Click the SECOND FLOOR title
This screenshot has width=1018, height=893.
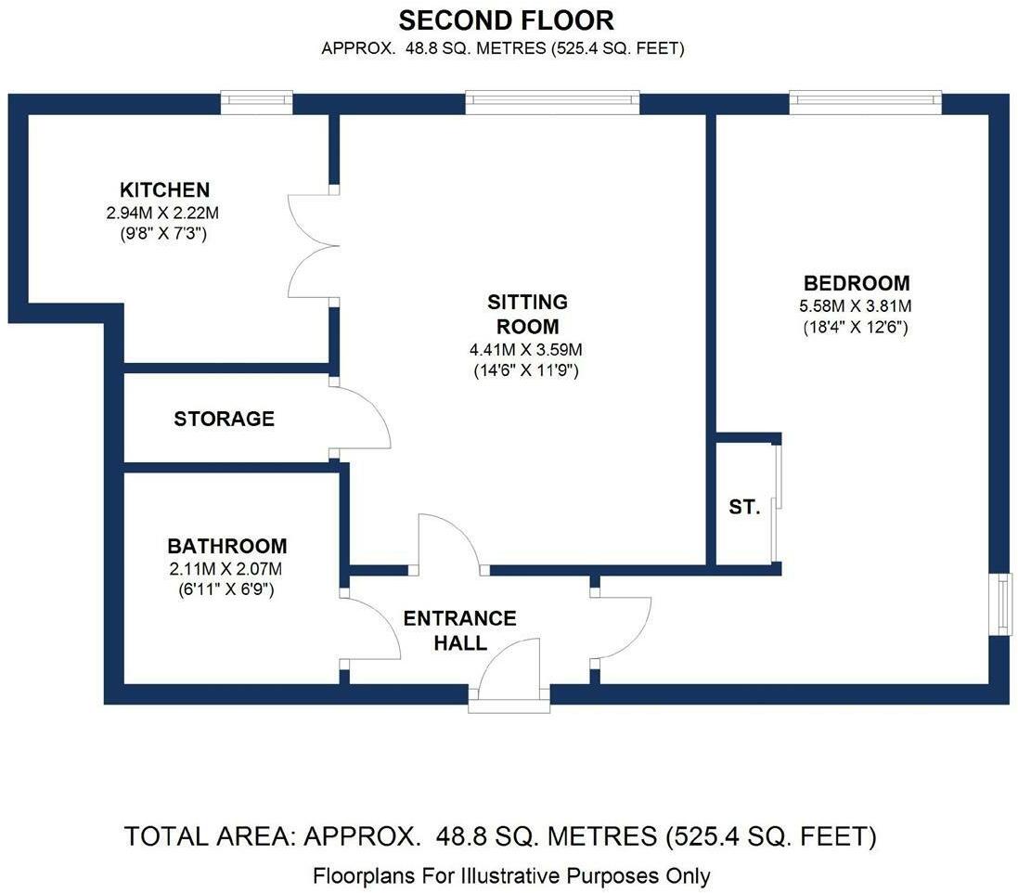[x=506, y=20]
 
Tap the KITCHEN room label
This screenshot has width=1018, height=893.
[x=165, y=189]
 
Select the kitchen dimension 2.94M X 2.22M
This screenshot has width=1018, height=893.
[x=162, y=213]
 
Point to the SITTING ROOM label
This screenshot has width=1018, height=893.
[x=527, y=314]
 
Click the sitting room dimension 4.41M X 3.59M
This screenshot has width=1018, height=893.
[x=526, y=350]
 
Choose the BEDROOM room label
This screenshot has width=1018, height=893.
[x=857, y=283]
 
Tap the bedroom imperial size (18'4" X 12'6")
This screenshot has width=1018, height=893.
[x=855, y=327]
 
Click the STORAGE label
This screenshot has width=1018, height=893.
[x=224, y=419]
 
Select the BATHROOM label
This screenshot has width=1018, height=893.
[x=227, y=546]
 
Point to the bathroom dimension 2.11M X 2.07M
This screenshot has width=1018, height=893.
[x=226, y=569]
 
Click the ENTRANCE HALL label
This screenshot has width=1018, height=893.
[x=459, y=630]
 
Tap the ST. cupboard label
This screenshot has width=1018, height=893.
[x=744, y=507]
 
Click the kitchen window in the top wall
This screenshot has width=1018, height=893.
[x=256, y=103]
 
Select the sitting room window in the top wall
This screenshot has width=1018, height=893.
[x=552, y=103]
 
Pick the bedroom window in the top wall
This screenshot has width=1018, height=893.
[x=866, y=103]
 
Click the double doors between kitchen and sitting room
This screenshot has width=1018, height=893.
[x=314, y=246]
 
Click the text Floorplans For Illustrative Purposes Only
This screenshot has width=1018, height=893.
[x=511, y=876]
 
